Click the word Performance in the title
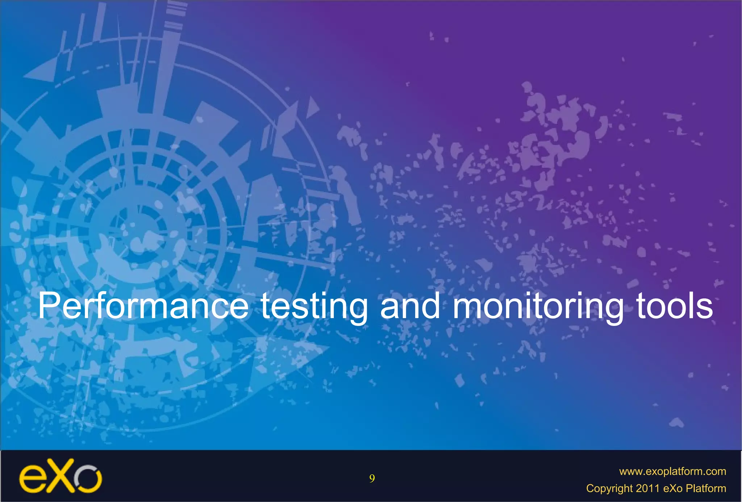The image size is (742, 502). click(143, 306)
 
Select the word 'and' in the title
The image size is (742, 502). click(410, 306)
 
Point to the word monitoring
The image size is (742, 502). click(538, 307)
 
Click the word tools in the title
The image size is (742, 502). click(674, 306)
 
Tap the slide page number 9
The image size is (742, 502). click(372, 479)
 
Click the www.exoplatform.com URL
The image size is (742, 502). click(672, 471)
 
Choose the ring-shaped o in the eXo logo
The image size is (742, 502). click(88, 479)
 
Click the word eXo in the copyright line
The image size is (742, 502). click(674, 488)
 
